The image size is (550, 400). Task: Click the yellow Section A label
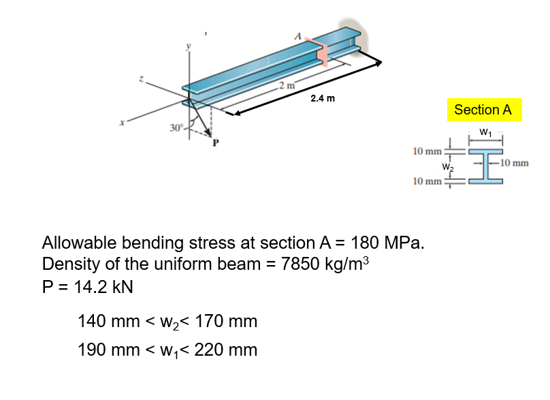483,110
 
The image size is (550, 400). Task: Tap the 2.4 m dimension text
322,98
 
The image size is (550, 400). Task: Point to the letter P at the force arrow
216,142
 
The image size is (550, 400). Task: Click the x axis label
122,123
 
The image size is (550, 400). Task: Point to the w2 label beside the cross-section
447,166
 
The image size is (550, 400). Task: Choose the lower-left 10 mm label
428,181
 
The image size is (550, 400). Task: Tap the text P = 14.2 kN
87,286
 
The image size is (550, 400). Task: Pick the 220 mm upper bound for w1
224,350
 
